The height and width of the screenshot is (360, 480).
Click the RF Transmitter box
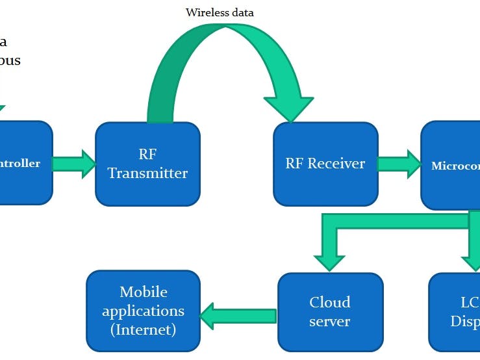coord(147,164)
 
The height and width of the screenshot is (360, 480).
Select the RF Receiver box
coord(325,164)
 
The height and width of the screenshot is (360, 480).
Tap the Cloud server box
coord(330,312)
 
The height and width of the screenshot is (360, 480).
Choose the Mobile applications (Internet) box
coord(143,311)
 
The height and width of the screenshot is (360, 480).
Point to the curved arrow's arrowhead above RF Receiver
coord(288,108)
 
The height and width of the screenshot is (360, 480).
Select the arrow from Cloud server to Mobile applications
coord(238,316)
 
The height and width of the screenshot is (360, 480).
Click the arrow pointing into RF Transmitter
coord(74,164)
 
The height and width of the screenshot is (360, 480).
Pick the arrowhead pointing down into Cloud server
coord(330,259)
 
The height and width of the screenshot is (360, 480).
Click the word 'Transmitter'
coord(147,174)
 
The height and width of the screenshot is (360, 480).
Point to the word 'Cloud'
coord(330,302)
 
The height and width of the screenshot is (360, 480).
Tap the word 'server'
coord(330,321)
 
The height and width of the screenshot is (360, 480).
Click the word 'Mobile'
coord(143,292)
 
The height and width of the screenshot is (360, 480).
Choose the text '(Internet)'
coord(143,329)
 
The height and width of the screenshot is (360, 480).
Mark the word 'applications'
coord(143,311)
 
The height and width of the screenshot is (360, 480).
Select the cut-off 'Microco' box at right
coord(451,166)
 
